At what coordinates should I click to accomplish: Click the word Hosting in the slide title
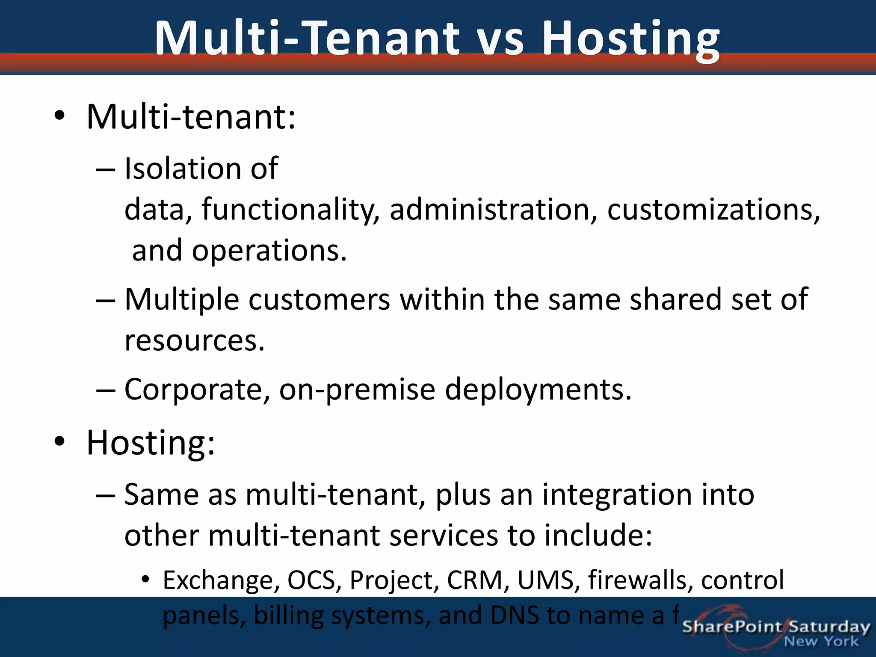[631, 39]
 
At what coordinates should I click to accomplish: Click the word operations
[269, 251]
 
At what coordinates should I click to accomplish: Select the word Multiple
[181, 299]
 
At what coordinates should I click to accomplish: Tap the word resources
[194, 340]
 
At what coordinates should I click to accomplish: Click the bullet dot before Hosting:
[59, 441]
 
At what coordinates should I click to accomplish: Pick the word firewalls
[640, 580]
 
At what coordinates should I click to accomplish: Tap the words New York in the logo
[821, 642]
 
